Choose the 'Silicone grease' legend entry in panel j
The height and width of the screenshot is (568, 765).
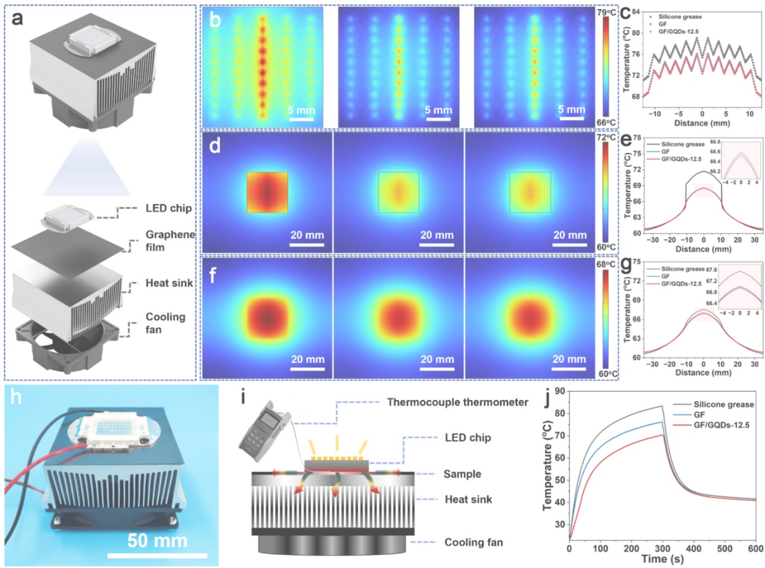[723, 404]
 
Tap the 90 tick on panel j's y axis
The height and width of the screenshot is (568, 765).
[559, 392]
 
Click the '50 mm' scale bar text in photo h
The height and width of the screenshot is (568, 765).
[157, 540]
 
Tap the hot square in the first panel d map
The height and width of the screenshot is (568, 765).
[267, 192]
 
